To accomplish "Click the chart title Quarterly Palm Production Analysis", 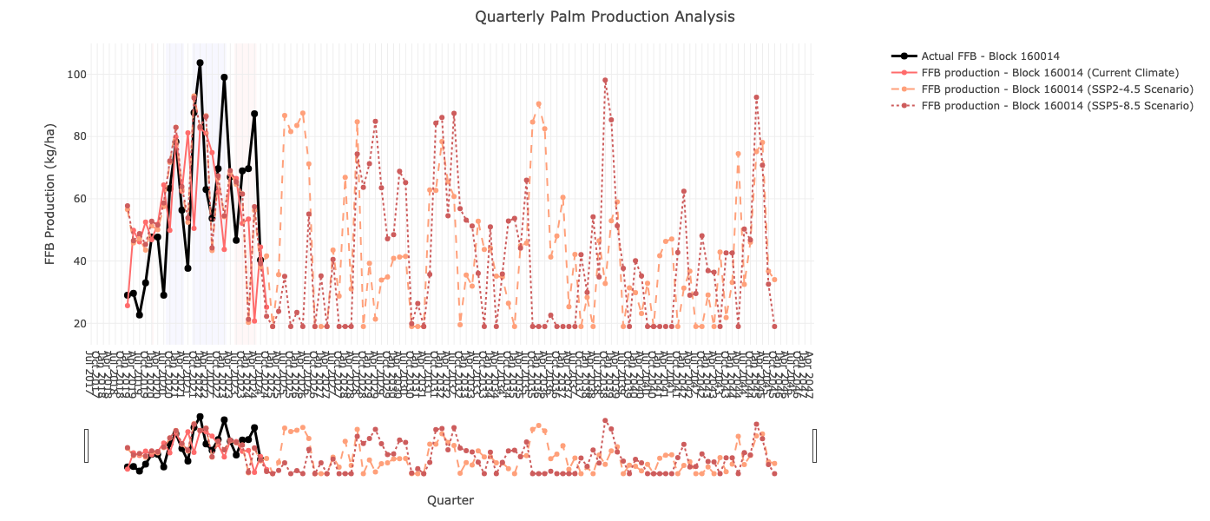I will [604, 17].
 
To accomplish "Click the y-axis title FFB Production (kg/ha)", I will [51, 194].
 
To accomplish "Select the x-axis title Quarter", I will [450, 500].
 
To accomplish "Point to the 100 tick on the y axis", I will [76, 75].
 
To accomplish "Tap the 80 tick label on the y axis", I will [78, 136].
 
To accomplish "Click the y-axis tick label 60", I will [78, 199].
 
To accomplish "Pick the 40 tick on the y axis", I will [78, 261].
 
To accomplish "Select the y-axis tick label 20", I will [78, 324].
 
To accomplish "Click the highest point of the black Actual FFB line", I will [200, 63].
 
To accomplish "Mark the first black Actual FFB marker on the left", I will [127, 295].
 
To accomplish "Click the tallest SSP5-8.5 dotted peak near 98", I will [605, 81].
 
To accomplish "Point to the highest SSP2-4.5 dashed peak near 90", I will [538, 104].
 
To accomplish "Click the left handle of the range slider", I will [86, 445].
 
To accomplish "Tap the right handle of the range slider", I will [814, 445].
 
